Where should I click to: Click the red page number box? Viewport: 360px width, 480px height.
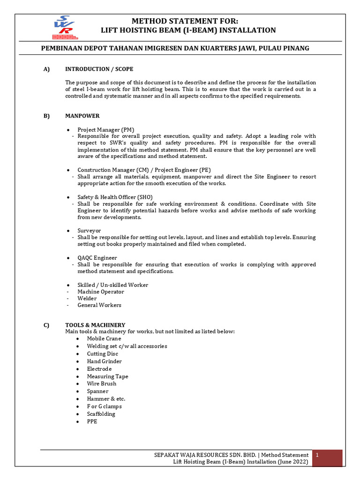[x=327, y=458]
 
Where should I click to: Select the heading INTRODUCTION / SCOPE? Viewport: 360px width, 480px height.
[x=99, y=69]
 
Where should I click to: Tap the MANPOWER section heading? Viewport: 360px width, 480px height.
[x=82, y=116]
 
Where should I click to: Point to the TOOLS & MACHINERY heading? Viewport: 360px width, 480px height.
[x=95, y=325]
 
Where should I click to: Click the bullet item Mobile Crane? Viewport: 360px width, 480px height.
[x=104, y=338]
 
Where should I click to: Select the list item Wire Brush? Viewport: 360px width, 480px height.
[x=101, y=383]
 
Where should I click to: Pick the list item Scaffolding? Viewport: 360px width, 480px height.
[x=101, y=414]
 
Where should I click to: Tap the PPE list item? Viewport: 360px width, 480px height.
[x=92, y=421]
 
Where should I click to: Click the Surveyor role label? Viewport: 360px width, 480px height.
[x=89, y=231]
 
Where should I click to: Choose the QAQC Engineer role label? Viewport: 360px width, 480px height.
[x=97, y=258]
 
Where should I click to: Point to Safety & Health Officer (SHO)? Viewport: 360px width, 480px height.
[x=115, y=197]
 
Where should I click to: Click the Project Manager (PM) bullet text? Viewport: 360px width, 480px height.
[x=106, y=129]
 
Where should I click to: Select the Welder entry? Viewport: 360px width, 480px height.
[x=87, y=298]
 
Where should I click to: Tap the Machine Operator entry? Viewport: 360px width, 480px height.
[x=101, y=292]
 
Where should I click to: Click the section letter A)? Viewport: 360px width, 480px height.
[x=46, y=69]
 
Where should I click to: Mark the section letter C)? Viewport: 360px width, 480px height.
[x=46, y=325]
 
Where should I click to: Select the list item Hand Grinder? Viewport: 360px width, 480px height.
[x=104, y=361]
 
